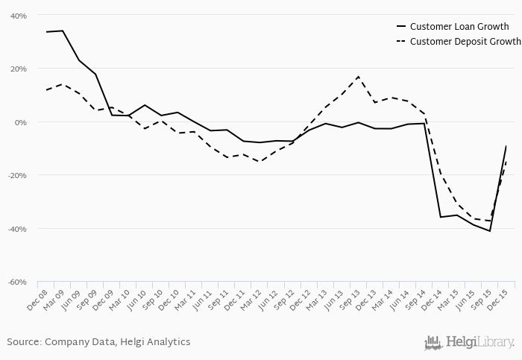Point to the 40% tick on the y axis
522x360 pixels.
[18, 16]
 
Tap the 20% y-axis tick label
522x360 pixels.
[18, 69]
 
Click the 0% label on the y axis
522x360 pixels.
[21, 122]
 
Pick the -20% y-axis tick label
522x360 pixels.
[17, 175]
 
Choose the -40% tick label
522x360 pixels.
[17, 229]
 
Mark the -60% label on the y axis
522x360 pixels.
[17, 282]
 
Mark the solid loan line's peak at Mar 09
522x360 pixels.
[63, 31]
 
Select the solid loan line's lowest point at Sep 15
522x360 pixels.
[490, 231]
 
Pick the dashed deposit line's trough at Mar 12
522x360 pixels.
[260, 162]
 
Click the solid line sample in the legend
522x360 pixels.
[400, 27]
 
